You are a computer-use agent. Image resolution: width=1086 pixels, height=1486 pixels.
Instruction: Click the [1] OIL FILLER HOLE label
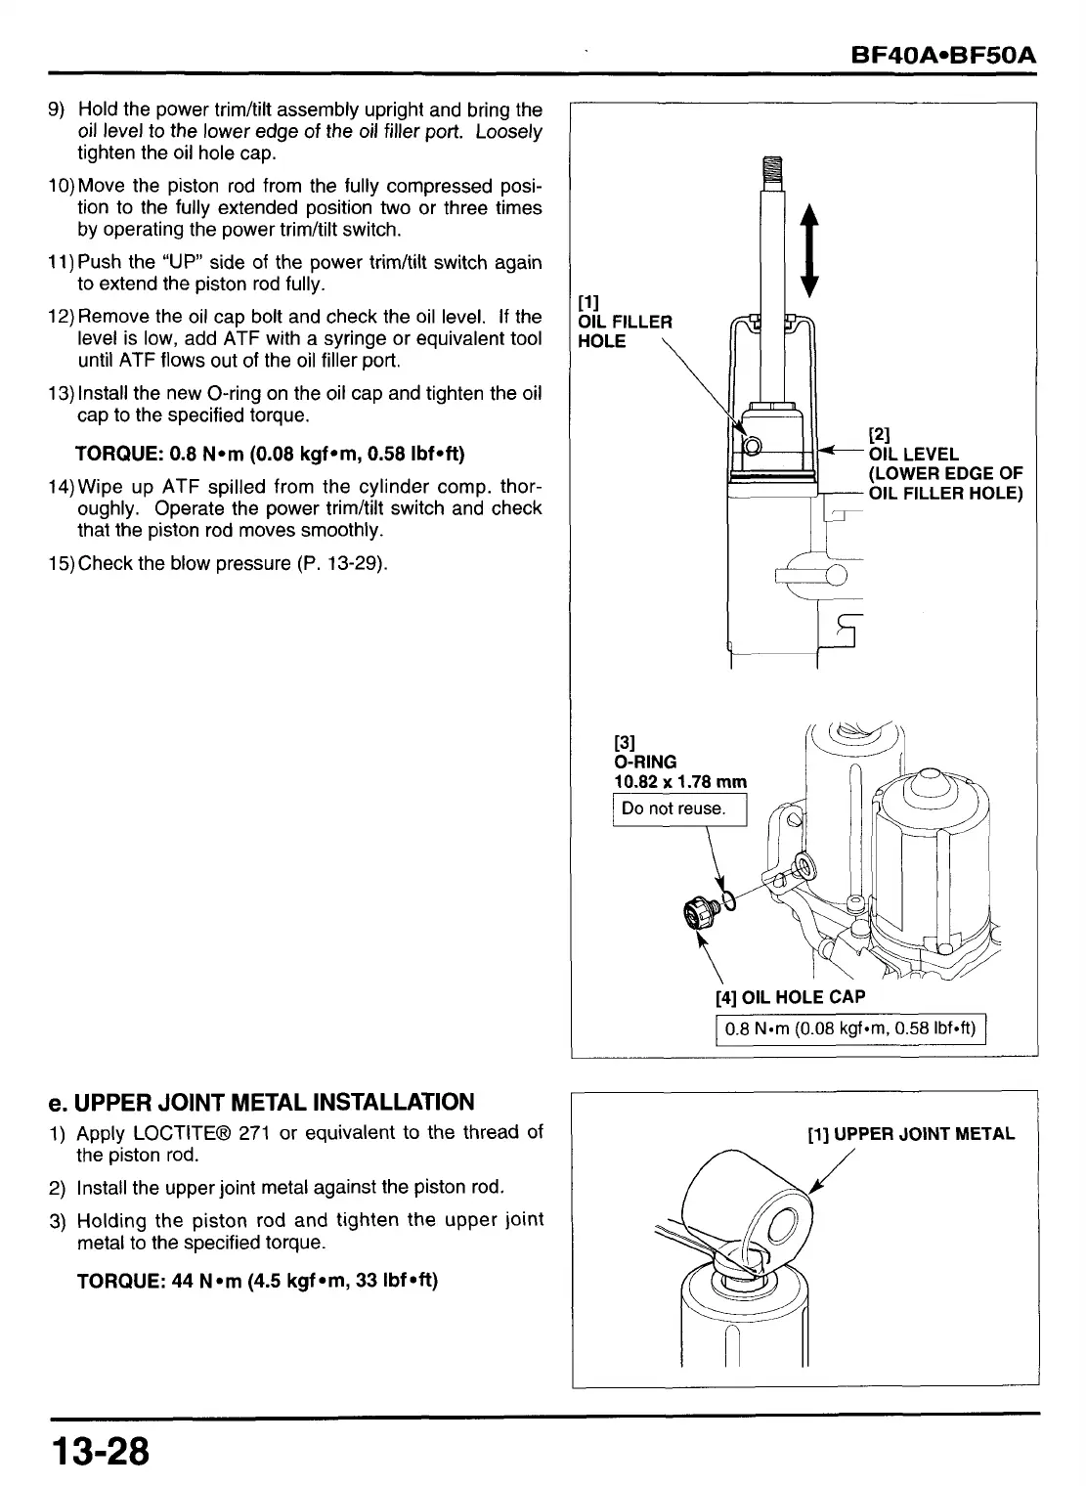coord(624,322)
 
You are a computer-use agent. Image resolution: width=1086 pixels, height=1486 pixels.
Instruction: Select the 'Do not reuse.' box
coord(677,809)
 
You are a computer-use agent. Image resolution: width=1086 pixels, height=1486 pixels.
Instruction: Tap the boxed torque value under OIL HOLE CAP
coord(851,1029)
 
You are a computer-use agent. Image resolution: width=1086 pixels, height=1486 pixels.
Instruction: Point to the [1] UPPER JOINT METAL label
coord(910,1134)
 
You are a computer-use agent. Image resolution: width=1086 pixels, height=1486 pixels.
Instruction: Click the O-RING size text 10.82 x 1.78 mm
coord(679,781)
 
